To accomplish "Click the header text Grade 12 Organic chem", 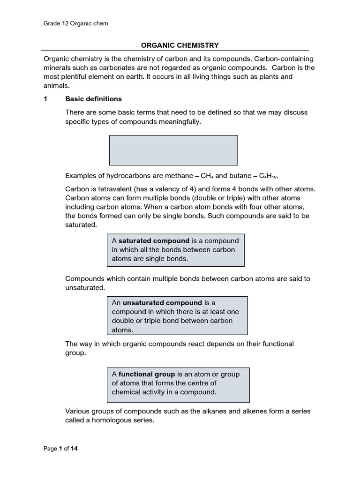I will pos(75,23).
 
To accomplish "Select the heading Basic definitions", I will pos(93,99).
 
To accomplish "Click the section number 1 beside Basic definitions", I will pos(45,99).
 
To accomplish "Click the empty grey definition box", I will pos(173,150).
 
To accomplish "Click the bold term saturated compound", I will pos(154,241).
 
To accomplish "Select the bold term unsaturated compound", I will pos(162,303).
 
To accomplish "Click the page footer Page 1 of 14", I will pos(60,449).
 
